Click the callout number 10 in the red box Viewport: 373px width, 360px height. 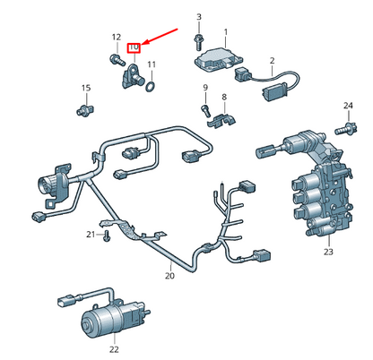[x=134, y=47]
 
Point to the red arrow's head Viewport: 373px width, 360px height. [x=143, y=44]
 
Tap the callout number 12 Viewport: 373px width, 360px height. [x=117, y=38]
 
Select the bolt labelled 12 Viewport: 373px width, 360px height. [x=117, y=59]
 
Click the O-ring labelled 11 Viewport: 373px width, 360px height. [x=151, y=87]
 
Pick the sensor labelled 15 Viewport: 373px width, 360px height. [x=85, y=109]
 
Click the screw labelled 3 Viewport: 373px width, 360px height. [x=198, y=42]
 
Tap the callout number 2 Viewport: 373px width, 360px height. [x=272, y=61]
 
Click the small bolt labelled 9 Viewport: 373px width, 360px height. [x=206, y=111]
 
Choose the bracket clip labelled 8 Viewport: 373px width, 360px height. [x=221, y=121]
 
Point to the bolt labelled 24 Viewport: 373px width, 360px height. [x=346, y=129]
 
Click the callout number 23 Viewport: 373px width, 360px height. [x=328, y=252]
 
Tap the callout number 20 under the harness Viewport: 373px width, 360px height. [x=169, y=276]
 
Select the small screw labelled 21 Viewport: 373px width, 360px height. [x=107, y=236]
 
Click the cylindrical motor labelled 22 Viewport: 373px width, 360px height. [x=115, y=317]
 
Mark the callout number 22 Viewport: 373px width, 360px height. [x=114, y=348]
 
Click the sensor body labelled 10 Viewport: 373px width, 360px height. [x=133, y=77]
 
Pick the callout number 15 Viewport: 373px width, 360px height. [x=86, y=88]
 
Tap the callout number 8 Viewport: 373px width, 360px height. [x=224, y=97]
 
